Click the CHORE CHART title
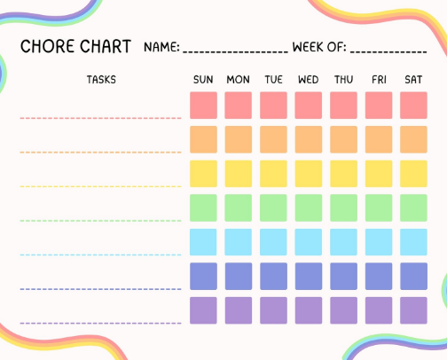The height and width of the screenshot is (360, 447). [75, 46]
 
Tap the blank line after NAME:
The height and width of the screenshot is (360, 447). [236, 52]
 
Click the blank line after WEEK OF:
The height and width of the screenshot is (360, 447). [388, 52]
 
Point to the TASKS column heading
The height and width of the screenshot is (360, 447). [101, 80]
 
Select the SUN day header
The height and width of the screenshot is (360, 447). [203, 80]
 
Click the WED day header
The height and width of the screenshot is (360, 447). [309, 80]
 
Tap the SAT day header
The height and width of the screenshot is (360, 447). [413, 80]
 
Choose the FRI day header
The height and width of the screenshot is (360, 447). [379, 80]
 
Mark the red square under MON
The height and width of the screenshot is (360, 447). [239, 106]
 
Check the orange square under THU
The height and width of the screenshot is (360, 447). [343, 139]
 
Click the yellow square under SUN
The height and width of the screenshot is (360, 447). [203, 174]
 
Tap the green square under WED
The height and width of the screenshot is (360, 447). [309, 207]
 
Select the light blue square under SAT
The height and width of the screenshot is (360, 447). [413, 242]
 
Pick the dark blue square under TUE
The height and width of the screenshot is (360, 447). [273, 276]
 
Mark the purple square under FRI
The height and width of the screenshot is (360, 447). [379, 310]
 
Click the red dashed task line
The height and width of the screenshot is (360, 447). [100, 118]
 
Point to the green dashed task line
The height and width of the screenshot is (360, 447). [100, 221]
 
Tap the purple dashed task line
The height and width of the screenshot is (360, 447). [100, 324]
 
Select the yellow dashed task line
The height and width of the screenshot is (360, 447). [100, 186]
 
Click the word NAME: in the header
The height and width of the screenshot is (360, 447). [161, 47]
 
